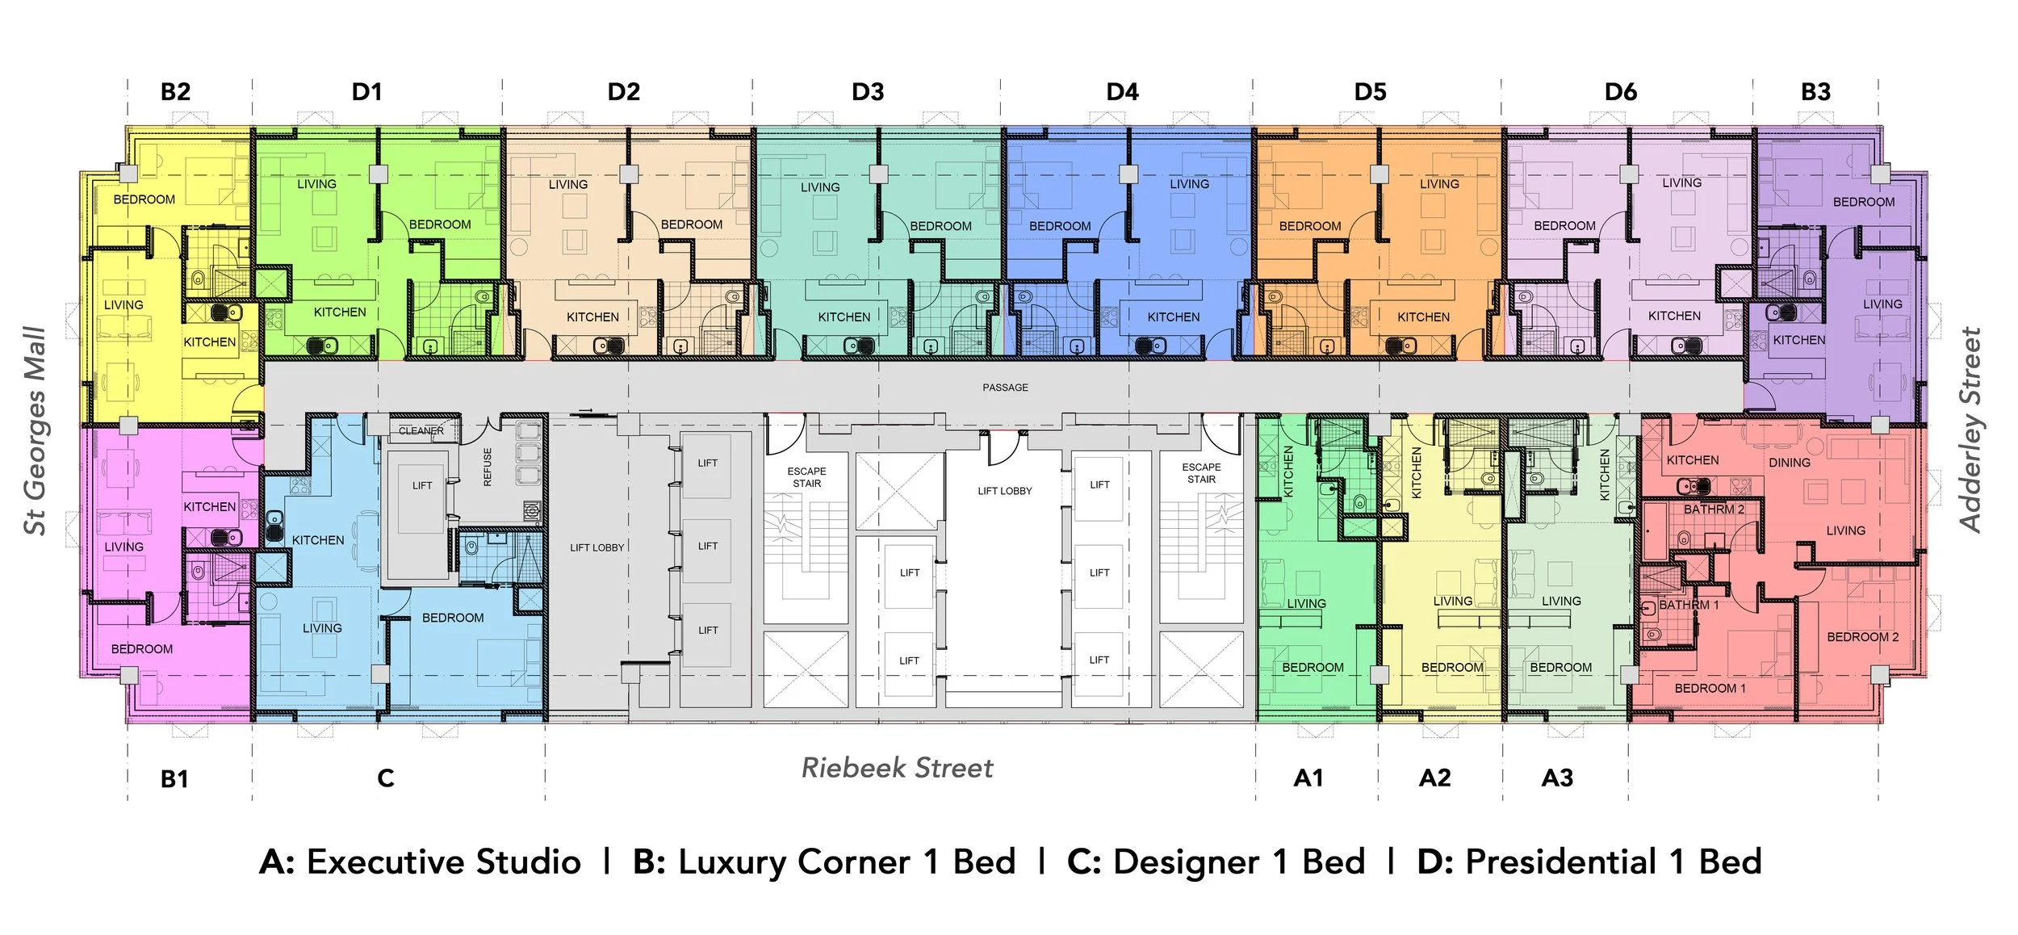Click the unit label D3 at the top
pyautogui.click(x=868, y=92)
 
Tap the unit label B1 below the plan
pyautogui.click(x=174, y=779)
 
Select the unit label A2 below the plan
pyautogui.click(x=1434, y=778)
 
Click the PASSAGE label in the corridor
pyautogui.click(x=1005, y=388)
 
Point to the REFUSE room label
pyautogui.click(x=488, y=467)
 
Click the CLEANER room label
pyautogui.click(x=421, y=431)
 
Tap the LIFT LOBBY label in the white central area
pyautogui.click(x=1004, y=491)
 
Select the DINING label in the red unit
pyautogui.click(x=1789, y=463)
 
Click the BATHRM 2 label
pyautogui.click(x=1714, y=509)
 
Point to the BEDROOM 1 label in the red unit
pyautogui.click(x=1710, y=688)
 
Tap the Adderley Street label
pyautogui.click(x=1970, y=430)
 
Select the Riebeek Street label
pyautogui.click(x=897, y=768)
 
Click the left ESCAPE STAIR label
pyautogui.click(x=806, y=477)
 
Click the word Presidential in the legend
pyautogui.click(x=1560, y=862)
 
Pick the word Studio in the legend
pyautogui.click(x=528, y=862)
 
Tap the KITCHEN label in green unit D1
pyautogui.click(x=339, y=312)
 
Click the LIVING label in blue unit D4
pyautogui.click(x=1189, y=184)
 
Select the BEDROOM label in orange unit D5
pyautogui.click(x=1309, y=226)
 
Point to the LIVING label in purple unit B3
pyautogui.click(x=1882, y=304)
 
